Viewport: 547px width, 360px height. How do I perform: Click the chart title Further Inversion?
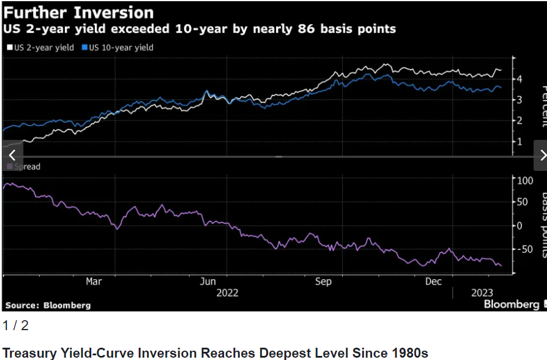click(x=79, y=12)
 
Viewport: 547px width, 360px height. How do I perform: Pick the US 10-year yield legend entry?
click(x=121, y=47)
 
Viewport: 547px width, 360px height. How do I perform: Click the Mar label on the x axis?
click(x=94, y=282)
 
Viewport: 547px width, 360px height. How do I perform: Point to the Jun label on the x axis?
click(x=209, y=282)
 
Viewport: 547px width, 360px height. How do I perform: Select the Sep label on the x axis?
click(x=323, y=282)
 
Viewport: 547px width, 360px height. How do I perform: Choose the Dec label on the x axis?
click(x=433, y=282)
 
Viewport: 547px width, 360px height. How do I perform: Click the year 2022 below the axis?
click(x=227, y=292)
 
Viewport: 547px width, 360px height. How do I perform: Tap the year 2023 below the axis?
click(x=483, y=292)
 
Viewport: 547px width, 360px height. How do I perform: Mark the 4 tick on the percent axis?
click(x=519, y=79)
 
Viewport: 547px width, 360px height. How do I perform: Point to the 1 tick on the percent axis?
click(x=519, y=142)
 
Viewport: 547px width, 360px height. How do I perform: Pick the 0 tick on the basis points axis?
click(x=519, y=225)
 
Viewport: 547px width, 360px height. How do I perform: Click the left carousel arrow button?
click(x=12, y=155)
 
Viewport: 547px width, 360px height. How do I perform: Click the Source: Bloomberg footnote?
click(x=48, y=305)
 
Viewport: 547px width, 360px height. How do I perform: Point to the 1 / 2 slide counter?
click(x=16, y=326)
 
